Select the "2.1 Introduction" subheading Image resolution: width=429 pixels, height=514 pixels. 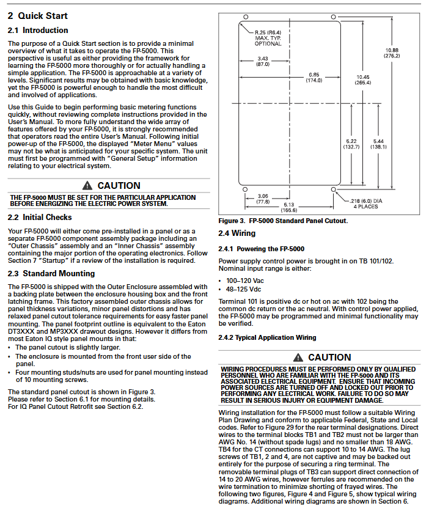(x=38, y=31)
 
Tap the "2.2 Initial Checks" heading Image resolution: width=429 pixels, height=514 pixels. (x=40, y=217)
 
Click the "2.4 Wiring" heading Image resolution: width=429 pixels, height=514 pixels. (x=237, y=233)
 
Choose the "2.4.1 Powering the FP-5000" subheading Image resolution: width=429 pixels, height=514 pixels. (x=261, y=249)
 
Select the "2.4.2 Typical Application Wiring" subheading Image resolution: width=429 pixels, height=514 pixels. (x=267, y=337)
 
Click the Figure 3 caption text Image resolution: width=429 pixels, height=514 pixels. (x=283, y=221)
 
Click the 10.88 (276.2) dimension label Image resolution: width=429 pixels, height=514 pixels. (x=392, y=53)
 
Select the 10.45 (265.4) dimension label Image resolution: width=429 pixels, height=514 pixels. (x=362, y=79)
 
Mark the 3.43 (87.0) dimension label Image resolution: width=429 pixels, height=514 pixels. (x=262, y=61)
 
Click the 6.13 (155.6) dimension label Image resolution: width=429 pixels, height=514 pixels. (x=289, y=207)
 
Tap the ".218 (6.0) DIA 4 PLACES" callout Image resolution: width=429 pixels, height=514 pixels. (x=365, y=204)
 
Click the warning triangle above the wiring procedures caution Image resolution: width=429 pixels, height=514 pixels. (x=298, y=357)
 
